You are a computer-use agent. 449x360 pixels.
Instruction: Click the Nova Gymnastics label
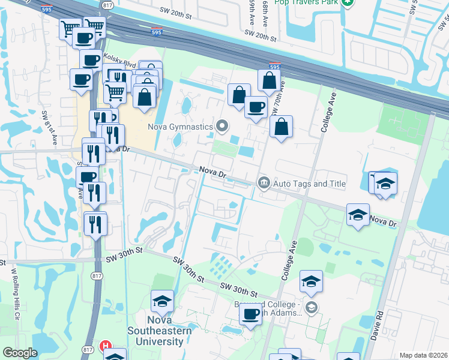[181, 127]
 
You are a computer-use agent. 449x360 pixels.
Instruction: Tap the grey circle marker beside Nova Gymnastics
[222, 126]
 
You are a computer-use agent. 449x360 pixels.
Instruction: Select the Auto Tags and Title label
[309, 184]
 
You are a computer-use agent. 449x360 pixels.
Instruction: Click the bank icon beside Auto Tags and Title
[263, 182]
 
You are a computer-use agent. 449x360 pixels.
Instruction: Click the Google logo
[20, 353]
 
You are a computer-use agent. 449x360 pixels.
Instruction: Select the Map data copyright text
[423, 355]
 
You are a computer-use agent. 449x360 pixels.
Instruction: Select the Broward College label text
[257, 305]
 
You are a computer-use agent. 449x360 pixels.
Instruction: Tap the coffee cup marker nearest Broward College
[250, 314]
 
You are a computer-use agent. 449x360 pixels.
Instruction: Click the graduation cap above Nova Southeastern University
[162, 302]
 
